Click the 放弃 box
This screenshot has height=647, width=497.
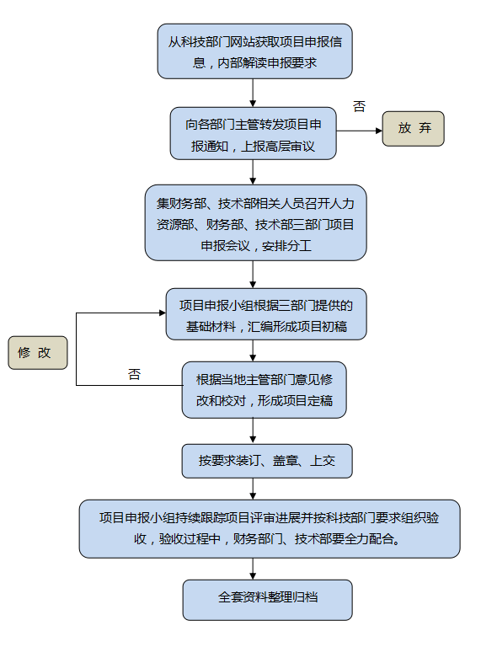413,129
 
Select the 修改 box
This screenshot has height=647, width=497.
37,353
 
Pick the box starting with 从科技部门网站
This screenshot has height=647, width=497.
254,51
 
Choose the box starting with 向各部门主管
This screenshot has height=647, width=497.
254,134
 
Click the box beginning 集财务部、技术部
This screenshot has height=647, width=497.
254,223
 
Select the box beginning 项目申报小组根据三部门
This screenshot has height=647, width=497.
265,314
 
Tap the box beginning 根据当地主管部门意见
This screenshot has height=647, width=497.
264,390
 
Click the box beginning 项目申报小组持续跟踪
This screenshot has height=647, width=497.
269,528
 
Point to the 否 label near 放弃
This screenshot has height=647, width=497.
360,107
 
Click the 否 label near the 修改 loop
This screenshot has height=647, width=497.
134,374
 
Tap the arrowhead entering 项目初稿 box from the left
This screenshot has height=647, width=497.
161,313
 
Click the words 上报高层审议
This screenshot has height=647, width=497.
279,145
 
